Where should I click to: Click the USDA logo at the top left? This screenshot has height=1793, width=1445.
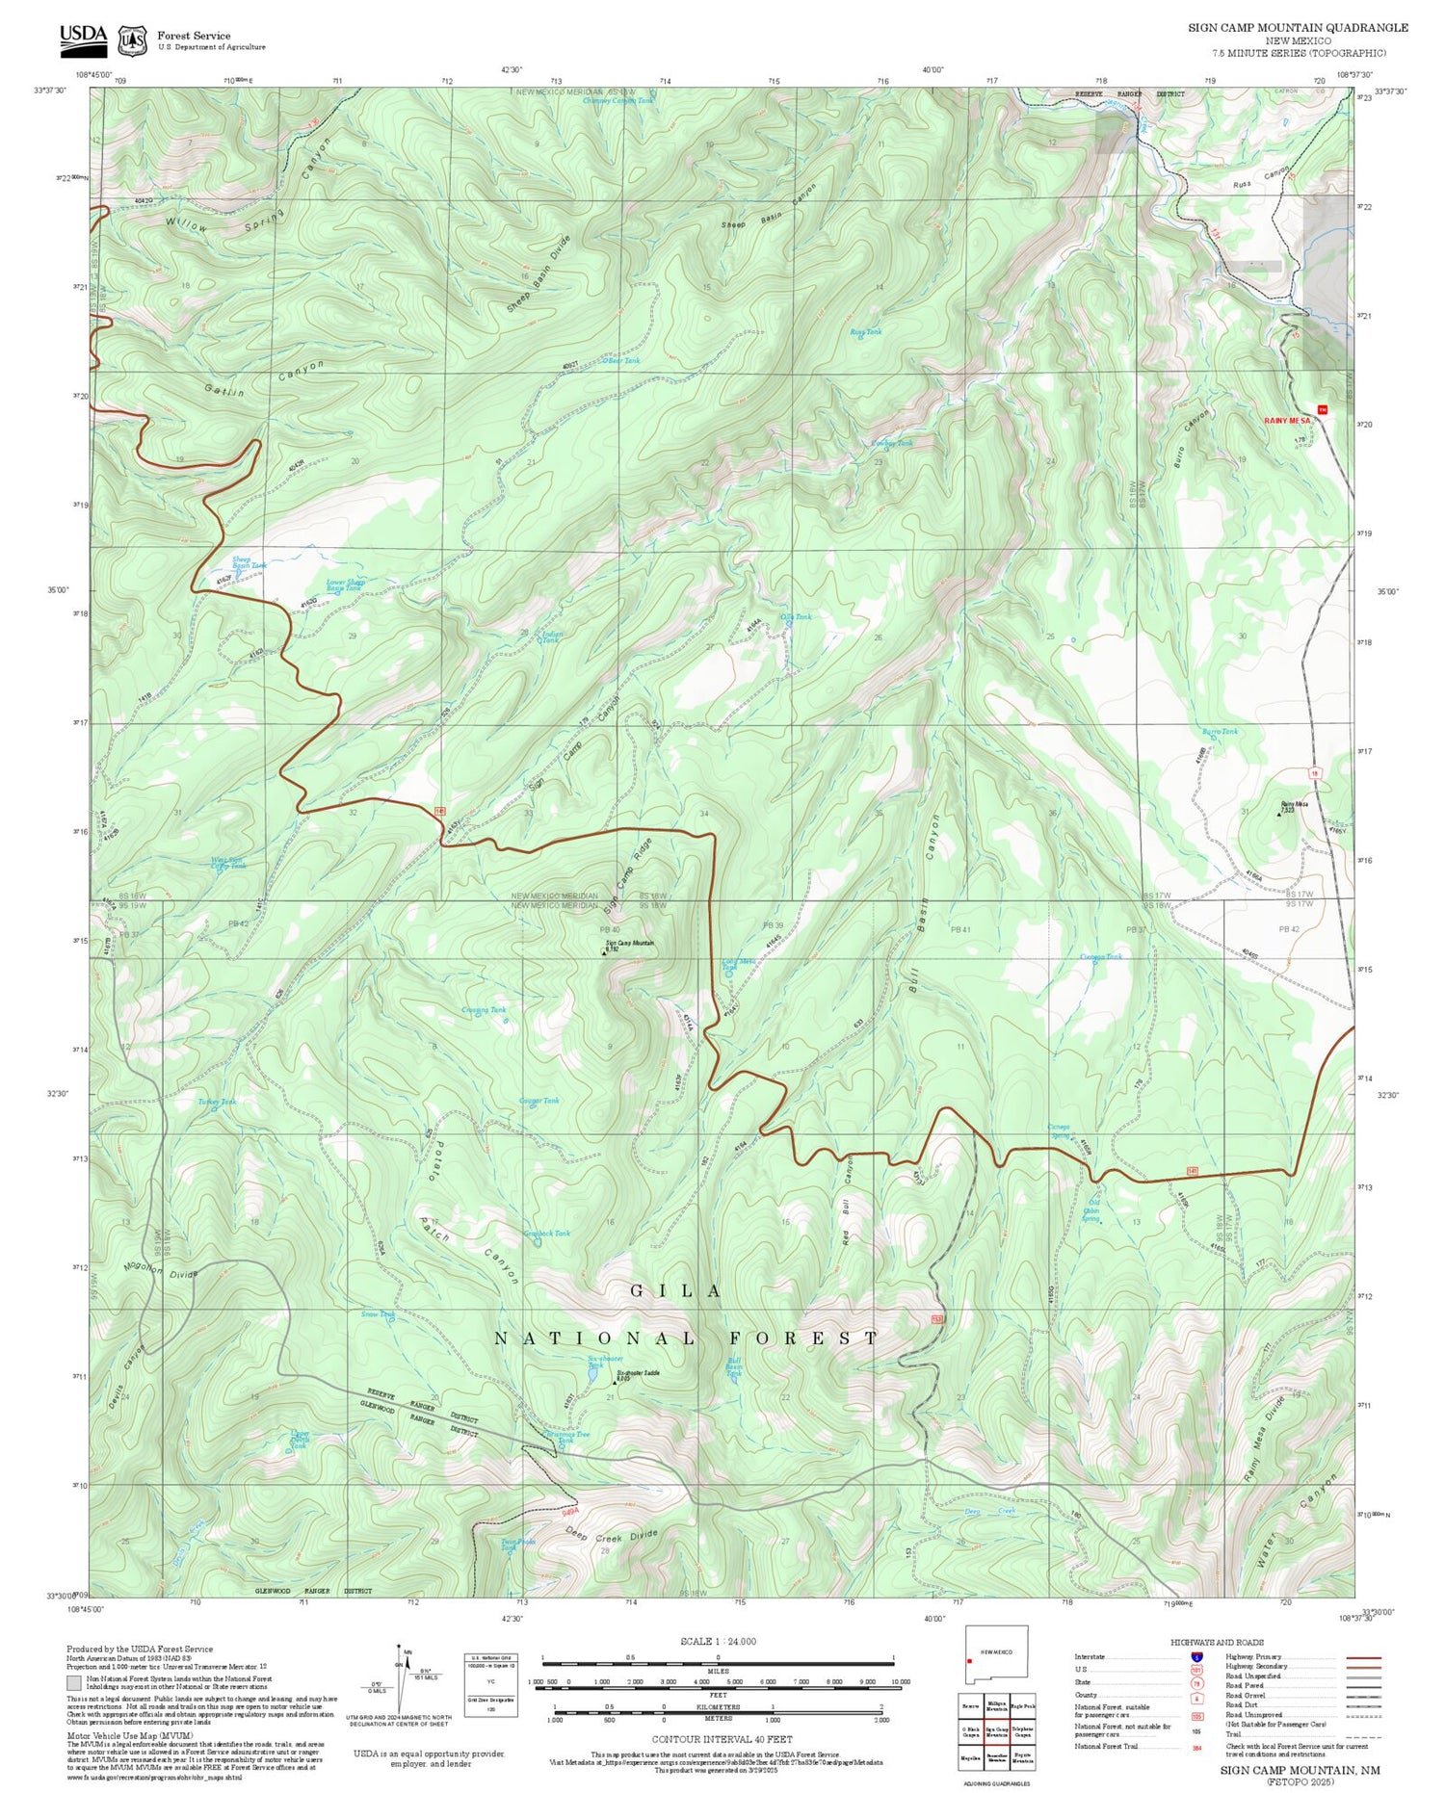84,38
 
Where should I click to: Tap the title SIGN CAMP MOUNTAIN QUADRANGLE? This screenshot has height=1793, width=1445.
1298,27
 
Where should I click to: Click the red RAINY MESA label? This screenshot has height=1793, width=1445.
1287,421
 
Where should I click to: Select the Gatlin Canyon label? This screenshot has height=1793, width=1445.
263,379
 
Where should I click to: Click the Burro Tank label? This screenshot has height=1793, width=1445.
1220,732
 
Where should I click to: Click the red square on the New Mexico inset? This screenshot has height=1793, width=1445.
969,1660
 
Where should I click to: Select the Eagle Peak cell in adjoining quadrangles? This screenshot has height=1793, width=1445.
1023,1704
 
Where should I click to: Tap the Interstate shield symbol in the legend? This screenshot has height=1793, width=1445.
1196,1656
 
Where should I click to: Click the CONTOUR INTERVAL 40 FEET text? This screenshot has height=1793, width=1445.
722,1739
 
